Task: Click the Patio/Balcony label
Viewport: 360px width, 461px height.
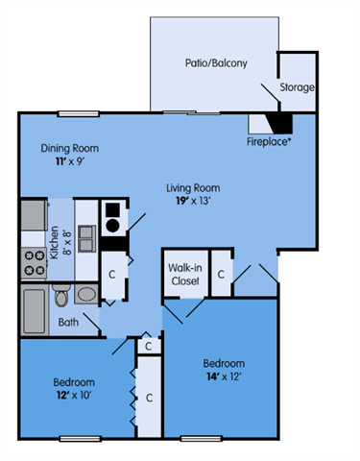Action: pos(216,64)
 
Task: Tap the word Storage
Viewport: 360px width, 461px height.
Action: pos(297,87)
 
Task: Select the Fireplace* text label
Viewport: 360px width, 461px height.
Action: pos(268,140)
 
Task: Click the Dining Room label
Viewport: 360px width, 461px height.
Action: pos(69,149)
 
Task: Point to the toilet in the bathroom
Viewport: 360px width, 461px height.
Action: pos(86,295)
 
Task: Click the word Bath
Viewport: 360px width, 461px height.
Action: pos(67,323)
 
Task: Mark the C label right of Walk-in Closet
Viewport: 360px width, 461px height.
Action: pos(221,275)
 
